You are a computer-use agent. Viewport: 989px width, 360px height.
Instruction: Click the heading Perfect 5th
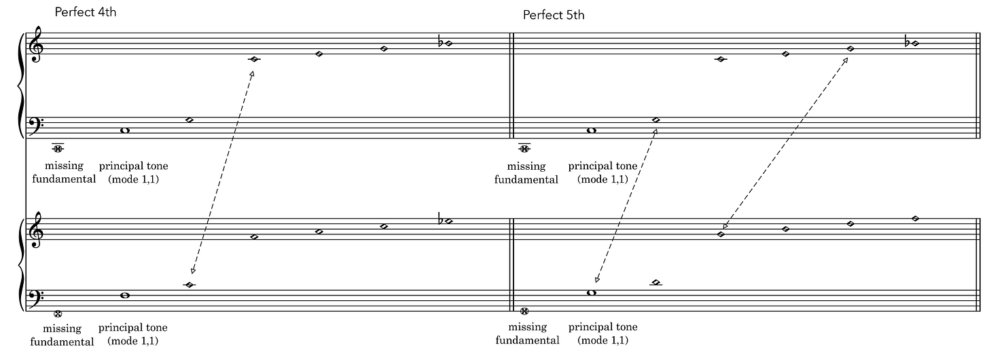[553, 15]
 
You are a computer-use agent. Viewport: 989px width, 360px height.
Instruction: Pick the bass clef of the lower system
[35, 297]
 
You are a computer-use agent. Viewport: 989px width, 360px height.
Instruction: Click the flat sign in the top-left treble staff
[441, 42]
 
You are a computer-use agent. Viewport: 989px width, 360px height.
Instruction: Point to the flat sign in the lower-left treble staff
[441, 220]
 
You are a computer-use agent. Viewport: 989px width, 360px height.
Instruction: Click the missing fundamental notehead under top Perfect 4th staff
[58, 148]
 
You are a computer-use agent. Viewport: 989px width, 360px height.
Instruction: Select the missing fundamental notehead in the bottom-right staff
[524, 311]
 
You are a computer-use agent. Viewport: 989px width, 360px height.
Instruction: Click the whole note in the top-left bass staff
[124, 130]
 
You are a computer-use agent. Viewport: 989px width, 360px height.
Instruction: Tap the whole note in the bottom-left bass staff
[124, 295]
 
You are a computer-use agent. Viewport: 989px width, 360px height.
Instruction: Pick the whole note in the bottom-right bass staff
[591, 293]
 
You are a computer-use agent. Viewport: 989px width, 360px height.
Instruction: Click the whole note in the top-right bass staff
[591, 130]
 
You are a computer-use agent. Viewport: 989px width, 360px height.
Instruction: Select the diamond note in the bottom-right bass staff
[655, 283]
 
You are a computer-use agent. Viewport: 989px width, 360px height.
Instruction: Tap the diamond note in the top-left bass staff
[190, 120]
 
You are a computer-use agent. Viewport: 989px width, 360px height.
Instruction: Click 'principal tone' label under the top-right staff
[603, 166]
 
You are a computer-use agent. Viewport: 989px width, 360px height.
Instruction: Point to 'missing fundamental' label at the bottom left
[62, 335]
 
